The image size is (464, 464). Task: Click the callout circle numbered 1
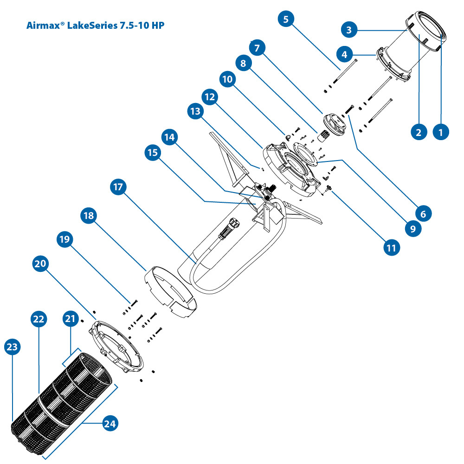point(441,132)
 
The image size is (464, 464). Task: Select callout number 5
point(285,19)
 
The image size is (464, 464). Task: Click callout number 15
point(154,154)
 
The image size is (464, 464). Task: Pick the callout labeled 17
point(118,187)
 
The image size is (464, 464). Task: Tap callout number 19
point(64,239)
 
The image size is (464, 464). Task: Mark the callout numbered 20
point(41,264)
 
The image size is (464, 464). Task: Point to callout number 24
point(111,424)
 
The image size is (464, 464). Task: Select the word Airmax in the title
point(41,25)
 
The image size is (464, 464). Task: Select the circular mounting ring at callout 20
point(116,346)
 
